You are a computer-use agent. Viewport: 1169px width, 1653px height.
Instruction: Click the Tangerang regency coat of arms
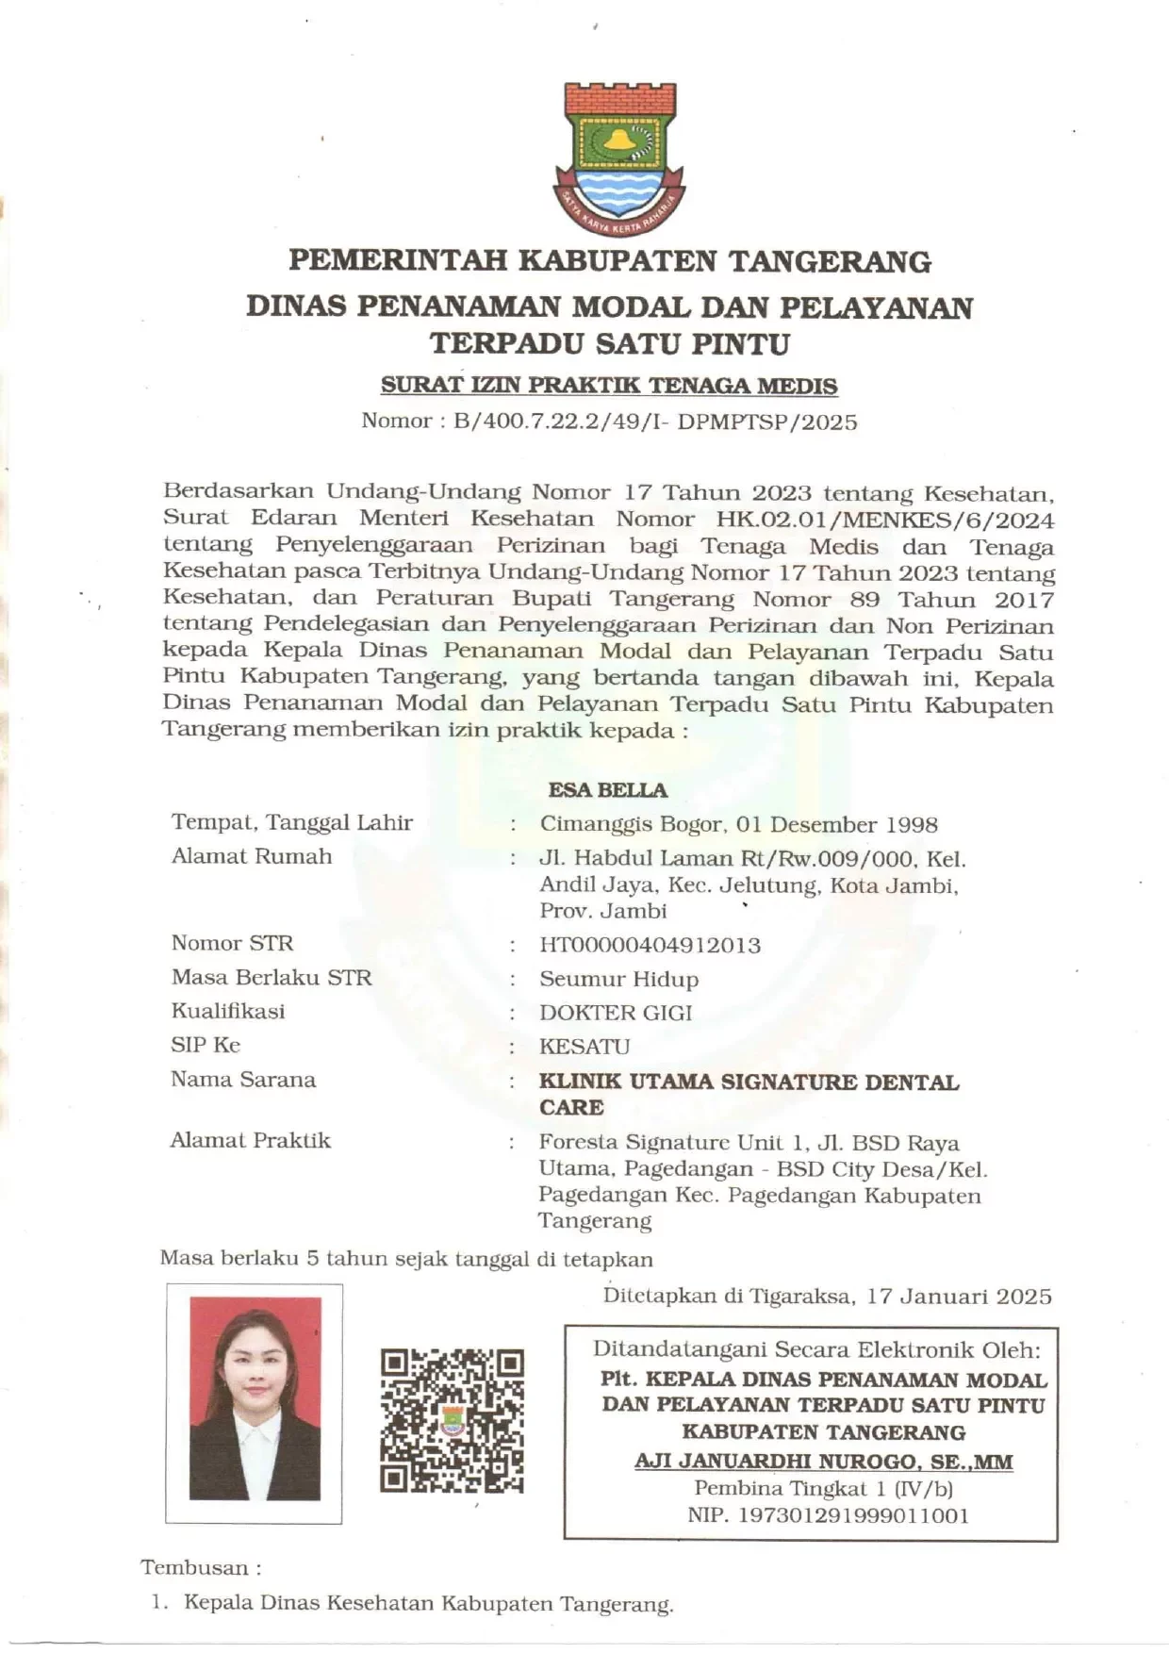tap(618, 158)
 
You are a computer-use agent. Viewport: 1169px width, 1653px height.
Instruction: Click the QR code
tap(452, 1420)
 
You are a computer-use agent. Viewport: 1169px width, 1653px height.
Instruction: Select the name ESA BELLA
tap(607, 790)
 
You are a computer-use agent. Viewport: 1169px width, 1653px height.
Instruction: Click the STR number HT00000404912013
tap(650, 945)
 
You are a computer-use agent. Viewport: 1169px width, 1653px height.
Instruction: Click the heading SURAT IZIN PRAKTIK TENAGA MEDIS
tap(609, 386)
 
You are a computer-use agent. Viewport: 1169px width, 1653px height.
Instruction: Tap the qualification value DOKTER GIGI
tap(616, 1013)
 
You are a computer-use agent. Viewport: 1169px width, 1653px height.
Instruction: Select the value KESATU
tap(584, 1047)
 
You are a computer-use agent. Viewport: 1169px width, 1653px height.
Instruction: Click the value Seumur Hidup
tap(618, 979)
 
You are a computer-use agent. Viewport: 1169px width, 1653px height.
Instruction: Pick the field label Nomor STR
tap(232, 943)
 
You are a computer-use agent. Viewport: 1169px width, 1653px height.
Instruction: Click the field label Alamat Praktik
tap(250, 1140)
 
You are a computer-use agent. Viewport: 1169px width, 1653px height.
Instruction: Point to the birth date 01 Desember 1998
tap(837, 825)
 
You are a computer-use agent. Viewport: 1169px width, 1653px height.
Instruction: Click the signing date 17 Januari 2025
tap(959, 1297)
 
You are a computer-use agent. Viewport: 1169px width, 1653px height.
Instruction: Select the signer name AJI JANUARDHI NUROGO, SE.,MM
tap(823, 1463)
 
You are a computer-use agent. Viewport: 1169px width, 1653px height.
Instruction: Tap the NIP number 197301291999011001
tap(828, 1515)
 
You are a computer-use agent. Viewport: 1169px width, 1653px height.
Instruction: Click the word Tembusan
tap(195, 1567)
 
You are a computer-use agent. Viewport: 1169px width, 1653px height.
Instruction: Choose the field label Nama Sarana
tap(242, 1080)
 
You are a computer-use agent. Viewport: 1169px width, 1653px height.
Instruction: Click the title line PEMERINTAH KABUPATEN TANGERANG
tap(609, 260)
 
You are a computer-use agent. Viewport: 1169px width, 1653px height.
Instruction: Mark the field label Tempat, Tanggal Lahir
tap(291, 822)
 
